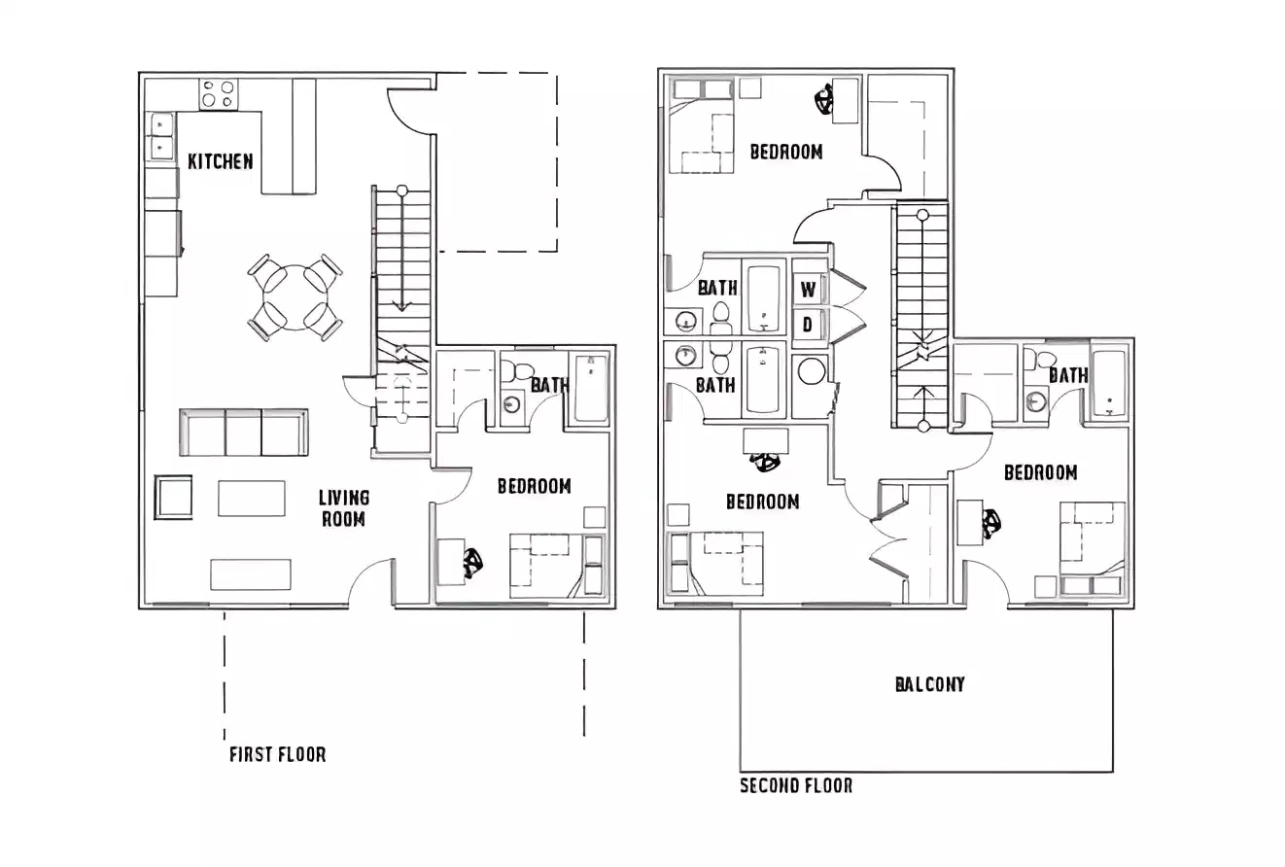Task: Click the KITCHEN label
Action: [x=221, y=161]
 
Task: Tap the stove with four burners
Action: [x=218, y=94]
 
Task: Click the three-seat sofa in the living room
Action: [x=243, y=433]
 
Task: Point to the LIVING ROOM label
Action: [x=344, y=508]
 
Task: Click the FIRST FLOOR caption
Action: [x=277, y=754]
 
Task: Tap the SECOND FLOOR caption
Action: [x=796, y=785]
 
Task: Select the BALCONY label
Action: [x=930, y=684]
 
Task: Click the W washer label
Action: [x=808, y=290]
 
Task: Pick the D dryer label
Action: [x=807, y=325]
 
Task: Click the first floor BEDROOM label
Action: [x=534, y=486]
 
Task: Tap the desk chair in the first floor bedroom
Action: [x=473, y=563]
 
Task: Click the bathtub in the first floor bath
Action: [x=590, y=389]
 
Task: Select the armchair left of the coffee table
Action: [x=174, y=497]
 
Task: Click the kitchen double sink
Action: [x=159, y=136]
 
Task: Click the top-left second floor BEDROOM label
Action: [x=786, y=152]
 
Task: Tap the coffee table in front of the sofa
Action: [x=252, y=499]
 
